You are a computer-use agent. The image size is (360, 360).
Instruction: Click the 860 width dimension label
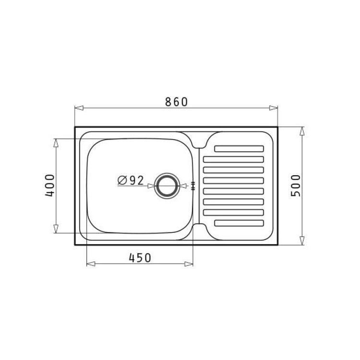[x=176, y=102]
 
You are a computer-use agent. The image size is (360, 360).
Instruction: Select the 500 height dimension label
[x=296, y=185]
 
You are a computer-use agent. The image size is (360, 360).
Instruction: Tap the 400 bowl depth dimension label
[x=50, y=185]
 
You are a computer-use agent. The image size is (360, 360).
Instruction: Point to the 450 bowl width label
[x=140, y=258]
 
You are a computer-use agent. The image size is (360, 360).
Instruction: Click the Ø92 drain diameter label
[x=131, y=180]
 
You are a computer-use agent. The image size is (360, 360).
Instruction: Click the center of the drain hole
[x=167, y=186]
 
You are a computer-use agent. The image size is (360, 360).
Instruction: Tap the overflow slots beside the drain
[x=193, y=186]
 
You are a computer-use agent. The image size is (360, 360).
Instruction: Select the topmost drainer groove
[x=239, y=149]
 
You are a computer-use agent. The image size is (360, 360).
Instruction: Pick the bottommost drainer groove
[x=239, y=223]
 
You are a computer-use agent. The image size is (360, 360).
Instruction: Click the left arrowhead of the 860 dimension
[x=79, y=108]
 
